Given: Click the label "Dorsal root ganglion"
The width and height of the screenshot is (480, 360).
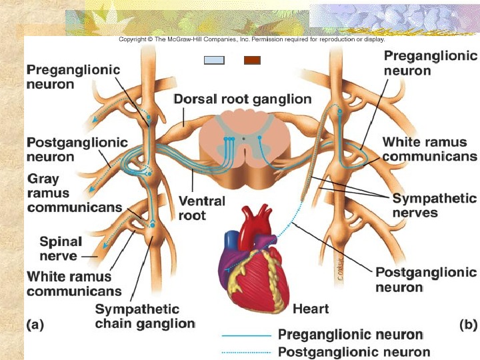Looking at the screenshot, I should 242,99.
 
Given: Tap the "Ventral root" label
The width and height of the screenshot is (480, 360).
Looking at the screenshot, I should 201,208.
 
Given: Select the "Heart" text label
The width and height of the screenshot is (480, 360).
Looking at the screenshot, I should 311,309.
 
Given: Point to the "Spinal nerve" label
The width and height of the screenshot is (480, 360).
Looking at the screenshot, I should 61,249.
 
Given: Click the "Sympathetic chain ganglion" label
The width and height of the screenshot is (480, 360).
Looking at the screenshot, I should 145,317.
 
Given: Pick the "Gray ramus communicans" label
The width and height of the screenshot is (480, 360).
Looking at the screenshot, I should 73,193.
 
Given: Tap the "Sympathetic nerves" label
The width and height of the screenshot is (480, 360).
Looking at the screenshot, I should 434,206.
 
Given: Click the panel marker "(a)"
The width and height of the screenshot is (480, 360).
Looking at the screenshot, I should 35,325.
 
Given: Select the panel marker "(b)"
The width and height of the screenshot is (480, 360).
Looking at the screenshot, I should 469,325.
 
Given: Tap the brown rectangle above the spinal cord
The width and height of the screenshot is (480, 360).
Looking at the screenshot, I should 251,60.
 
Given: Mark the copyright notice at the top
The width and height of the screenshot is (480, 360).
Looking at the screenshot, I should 251,39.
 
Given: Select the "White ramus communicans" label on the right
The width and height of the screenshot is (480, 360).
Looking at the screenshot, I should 429,149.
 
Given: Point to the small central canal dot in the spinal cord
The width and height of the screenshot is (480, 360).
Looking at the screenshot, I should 244,139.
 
